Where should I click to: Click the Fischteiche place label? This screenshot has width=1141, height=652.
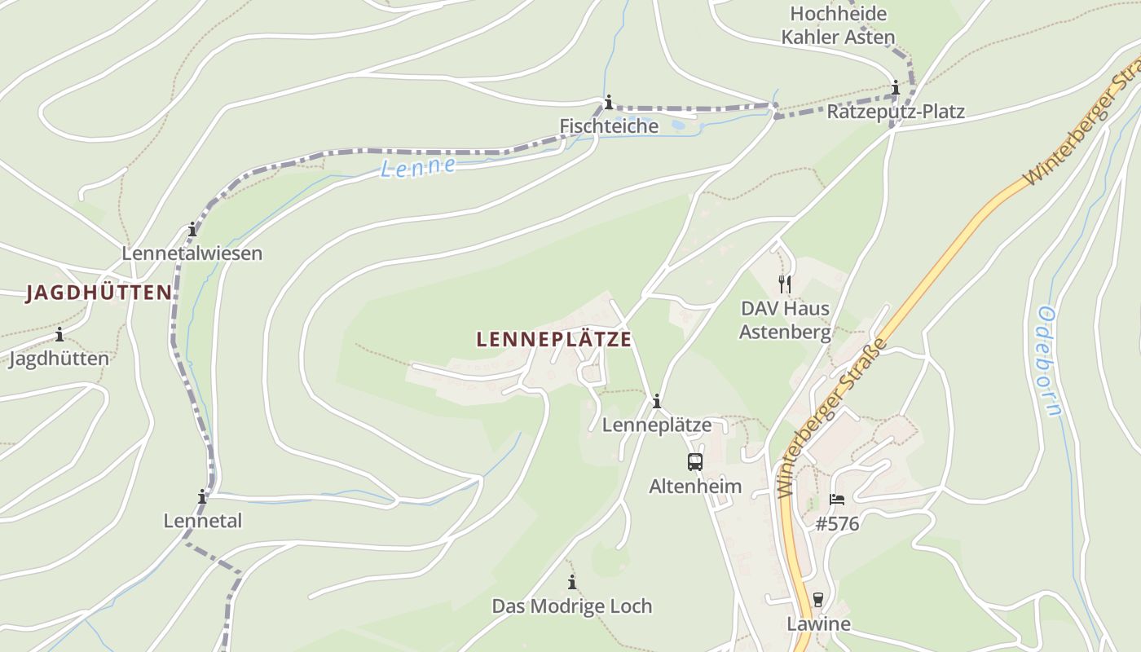609,126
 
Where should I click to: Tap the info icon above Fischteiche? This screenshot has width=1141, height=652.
608,103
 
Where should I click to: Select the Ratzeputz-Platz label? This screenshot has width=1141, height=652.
896,112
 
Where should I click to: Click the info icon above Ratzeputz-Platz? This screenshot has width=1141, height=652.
896,88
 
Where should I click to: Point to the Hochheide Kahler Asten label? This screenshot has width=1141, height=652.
838,25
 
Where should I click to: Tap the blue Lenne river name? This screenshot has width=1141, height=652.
419,166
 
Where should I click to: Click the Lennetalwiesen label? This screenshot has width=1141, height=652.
192,253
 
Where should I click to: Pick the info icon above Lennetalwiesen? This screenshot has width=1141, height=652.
192,229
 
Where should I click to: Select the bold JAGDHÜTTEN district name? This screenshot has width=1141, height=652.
99,293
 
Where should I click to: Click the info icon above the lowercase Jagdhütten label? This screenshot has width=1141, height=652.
59,334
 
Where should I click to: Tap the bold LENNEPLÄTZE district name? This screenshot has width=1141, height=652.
554,339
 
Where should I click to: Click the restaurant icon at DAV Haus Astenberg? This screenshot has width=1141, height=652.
785,284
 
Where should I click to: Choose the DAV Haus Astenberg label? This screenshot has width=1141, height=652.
785,320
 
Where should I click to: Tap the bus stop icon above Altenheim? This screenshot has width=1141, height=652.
695,462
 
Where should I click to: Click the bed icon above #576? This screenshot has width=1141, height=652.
837,500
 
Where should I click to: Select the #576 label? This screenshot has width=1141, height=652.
837,524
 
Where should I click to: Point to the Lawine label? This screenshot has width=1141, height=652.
818,624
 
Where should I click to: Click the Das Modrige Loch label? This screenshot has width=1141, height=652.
572,606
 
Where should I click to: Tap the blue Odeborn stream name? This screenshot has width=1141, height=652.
1050,361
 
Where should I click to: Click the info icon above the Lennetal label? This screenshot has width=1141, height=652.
202,496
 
